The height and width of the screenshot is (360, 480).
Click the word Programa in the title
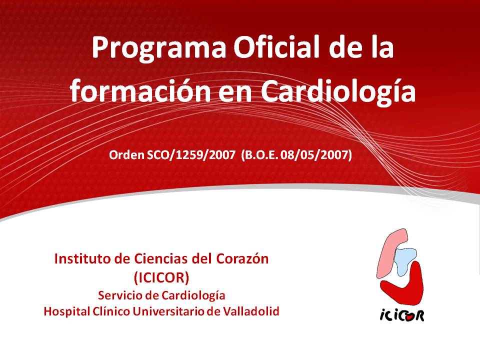(159, 49)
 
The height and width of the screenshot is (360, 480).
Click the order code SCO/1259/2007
(191, 155)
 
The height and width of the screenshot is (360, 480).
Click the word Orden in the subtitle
(126, 155)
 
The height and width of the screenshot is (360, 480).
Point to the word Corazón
(242, 259)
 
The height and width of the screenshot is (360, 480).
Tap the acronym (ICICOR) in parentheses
(161, 277)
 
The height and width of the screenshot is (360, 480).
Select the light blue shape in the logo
(404, 260)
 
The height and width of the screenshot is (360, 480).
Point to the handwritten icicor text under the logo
(402, 315)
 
